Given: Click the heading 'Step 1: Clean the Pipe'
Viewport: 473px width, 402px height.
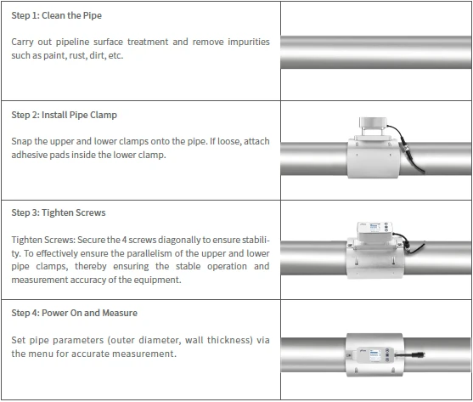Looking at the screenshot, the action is point(56,15).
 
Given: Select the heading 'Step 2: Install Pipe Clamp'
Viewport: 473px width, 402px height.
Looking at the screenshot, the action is point(64,115).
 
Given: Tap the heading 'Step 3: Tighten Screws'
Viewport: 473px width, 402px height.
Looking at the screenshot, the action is point(59,212).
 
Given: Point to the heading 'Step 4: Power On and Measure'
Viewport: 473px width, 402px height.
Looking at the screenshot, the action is point(74,313).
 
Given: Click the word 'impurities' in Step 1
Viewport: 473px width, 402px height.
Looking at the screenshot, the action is point(249,42).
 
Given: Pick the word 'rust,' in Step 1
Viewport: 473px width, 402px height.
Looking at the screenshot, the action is point(78,55).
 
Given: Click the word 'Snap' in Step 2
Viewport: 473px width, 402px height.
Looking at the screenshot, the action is point(21,141).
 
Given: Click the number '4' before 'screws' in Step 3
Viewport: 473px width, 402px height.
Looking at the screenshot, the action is point(124,240).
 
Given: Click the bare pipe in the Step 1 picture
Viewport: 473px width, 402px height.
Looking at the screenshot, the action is point(376,52).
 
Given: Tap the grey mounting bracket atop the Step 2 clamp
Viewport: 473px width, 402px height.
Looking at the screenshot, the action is point(373,127).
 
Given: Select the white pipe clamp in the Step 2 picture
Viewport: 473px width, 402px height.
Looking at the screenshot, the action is point(374,157).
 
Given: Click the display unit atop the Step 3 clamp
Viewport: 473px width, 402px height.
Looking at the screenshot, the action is point(375,231).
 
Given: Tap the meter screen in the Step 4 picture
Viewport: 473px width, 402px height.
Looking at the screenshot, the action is point(375,354).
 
